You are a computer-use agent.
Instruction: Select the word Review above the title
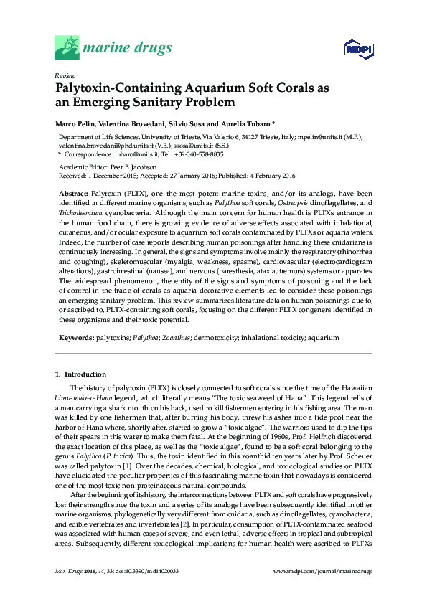tap(65, 75)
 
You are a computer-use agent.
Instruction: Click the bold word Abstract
tap(72, 193)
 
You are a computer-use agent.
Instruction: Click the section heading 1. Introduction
tap(80, 374)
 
